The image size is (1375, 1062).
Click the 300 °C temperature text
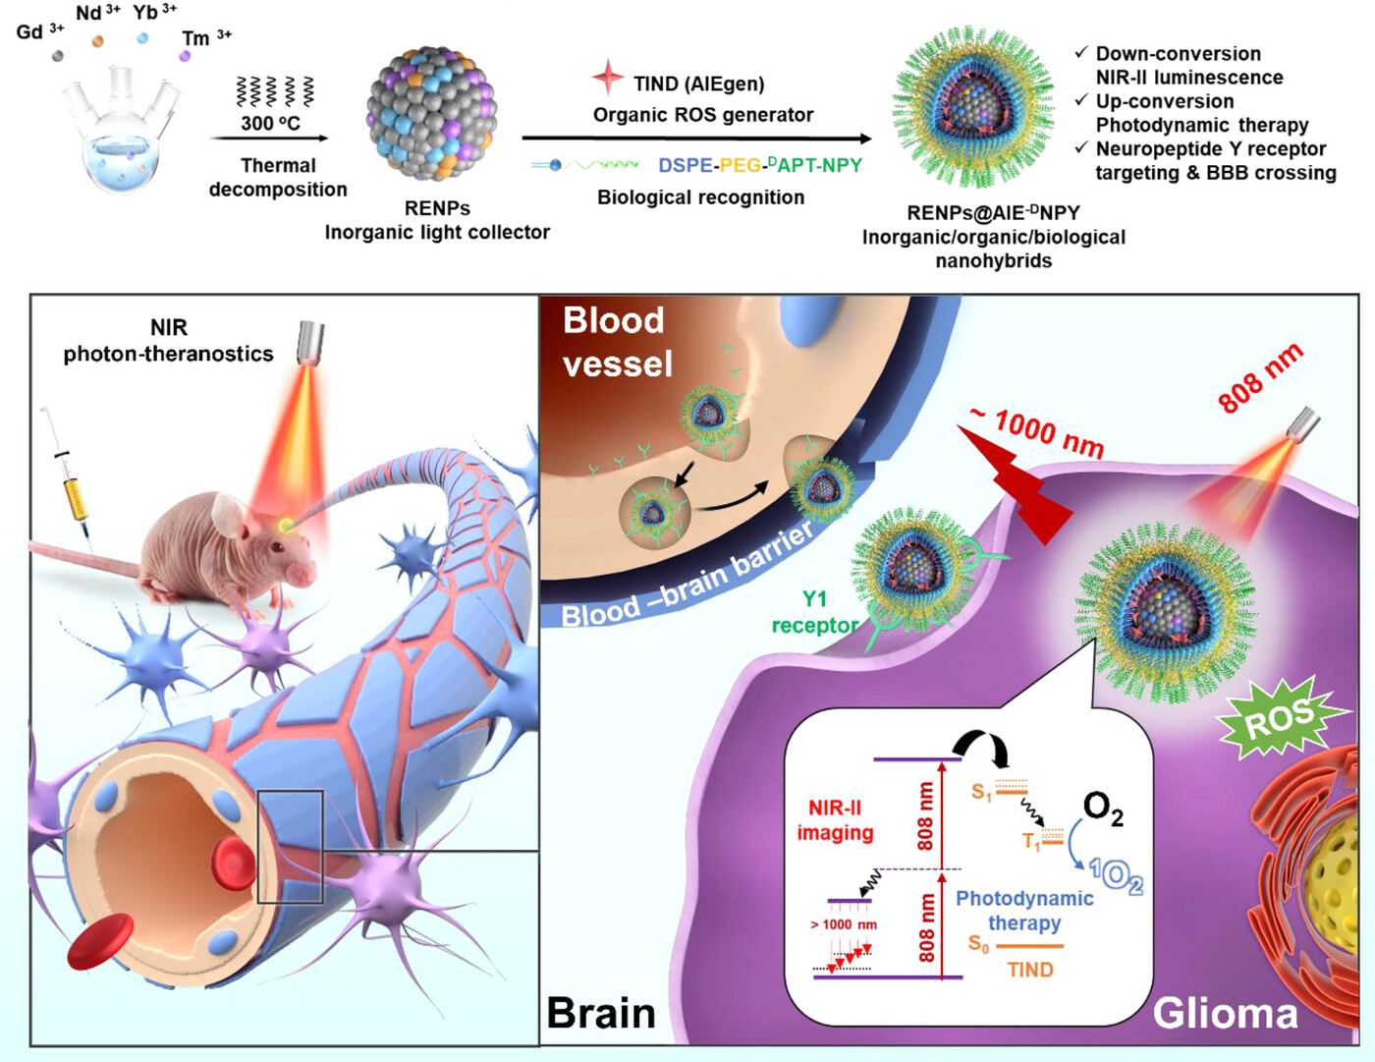(270, 124)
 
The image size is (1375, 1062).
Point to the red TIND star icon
(608, 78)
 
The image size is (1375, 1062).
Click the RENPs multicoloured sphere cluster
(432, 113)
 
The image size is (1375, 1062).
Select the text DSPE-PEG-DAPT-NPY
(760, 165)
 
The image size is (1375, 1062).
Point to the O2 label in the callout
(1102, 808)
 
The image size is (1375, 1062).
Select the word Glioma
(1225, 1013)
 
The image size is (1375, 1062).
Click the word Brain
(600, 1013)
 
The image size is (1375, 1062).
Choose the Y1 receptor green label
(814, 612)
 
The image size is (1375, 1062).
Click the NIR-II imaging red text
(835, 820)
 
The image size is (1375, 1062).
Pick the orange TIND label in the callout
(1030, 970)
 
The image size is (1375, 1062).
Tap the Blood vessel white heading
(617, 342)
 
